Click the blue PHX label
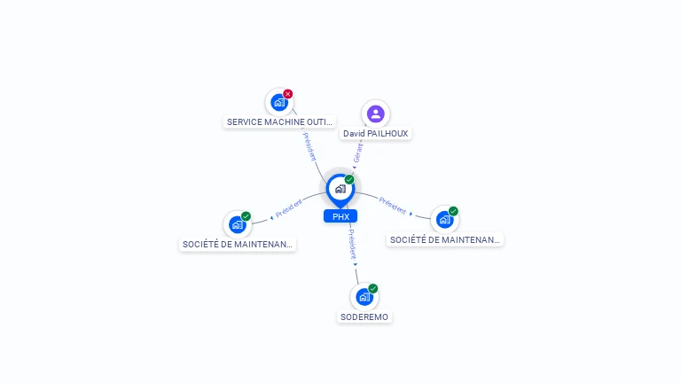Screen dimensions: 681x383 (340, 216)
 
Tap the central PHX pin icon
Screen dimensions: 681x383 (340, 191)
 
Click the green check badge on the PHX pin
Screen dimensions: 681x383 (349, 179)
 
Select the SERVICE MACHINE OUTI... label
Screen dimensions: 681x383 (279, 122)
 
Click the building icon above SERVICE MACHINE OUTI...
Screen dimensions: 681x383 (279, 103)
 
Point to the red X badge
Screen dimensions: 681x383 (287, 94)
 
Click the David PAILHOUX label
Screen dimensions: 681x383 (376, 134)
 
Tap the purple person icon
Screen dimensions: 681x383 (376, 114)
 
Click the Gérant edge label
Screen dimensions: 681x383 (358, 153)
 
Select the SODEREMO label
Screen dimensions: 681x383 (364, 317)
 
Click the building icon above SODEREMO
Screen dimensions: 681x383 (364, 297)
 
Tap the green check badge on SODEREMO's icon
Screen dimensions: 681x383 (372, 288)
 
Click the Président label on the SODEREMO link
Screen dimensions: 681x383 (352, 245)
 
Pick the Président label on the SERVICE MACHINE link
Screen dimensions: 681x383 (309, 147)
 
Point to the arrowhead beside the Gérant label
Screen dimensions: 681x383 (355, 168)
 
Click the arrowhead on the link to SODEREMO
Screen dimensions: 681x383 (356, 264)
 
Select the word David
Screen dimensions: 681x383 (354, 134)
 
